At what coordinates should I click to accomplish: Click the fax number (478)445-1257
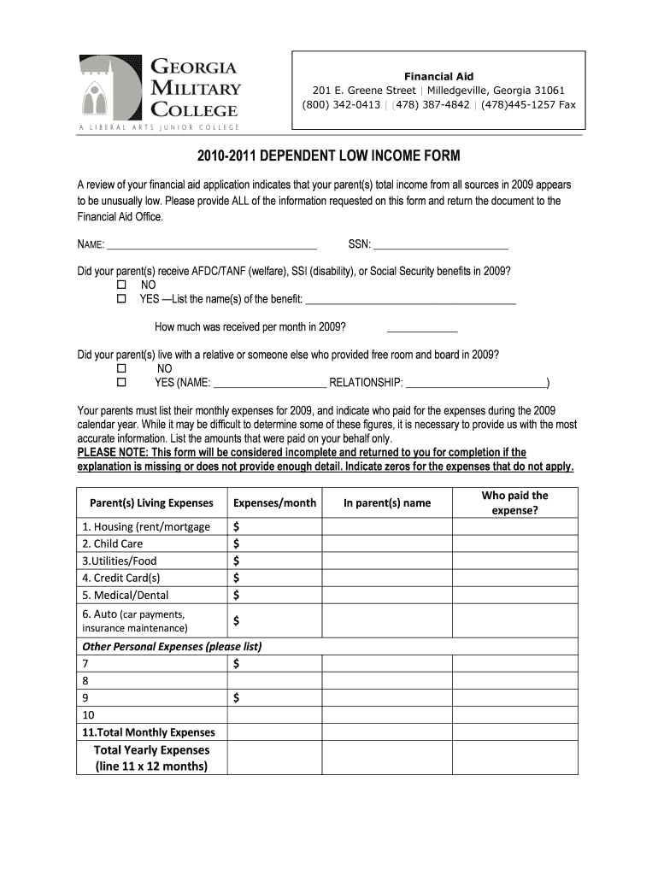517,105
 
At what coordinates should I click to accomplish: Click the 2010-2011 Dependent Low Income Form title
328,156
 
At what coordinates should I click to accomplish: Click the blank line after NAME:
212,245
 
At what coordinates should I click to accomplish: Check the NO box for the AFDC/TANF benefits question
121,284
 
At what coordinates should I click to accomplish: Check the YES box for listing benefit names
121,299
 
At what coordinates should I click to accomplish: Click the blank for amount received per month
422,327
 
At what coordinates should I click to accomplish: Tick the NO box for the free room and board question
121,368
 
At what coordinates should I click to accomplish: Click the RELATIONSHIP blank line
476,383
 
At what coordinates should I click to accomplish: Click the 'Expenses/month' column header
274,503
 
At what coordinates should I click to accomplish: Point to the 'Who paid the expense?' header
514,503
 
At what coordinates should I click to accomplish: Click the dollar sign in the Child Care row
237,543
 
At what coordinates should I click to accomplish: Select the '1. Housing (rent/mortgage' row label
146,526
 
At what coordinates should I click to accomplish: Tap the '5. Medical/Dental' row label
126,595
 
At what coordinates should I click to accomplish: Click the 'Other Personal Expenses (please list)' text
171,646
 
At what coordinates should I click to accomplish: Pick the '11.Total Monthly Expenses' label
149,732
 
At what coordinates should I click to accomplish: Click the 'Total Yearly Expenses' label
151,749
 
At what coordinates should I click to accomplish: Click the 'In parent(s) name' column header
387,503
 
